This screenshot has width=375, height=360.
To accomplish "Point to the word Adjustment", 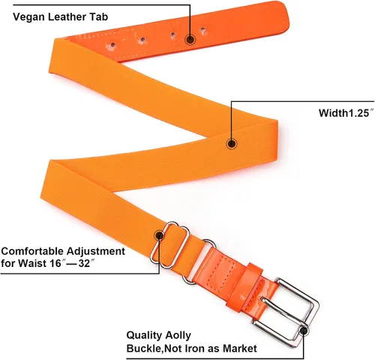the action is (x=96, y=251).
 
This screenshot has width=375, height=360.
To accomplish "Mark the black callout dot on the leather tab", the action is (x=190, y=40).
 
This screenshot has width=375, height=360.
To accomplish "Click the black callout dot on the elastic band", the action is (x=232, y=144).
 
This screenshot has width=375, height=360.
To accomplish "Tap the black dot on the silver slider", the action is (x=159, y=235).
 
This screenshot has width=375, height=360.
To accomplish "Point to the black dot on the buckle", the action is (x=304, y=331).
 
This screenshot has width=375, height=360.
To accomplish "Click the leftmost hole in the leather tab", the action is (x=112, y=45).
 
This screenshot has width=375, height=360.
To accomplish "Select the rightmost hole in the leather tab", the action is (x=203, y=30).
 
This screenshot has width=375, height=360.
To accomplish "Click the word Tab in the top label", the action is (x=100, y=16).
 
